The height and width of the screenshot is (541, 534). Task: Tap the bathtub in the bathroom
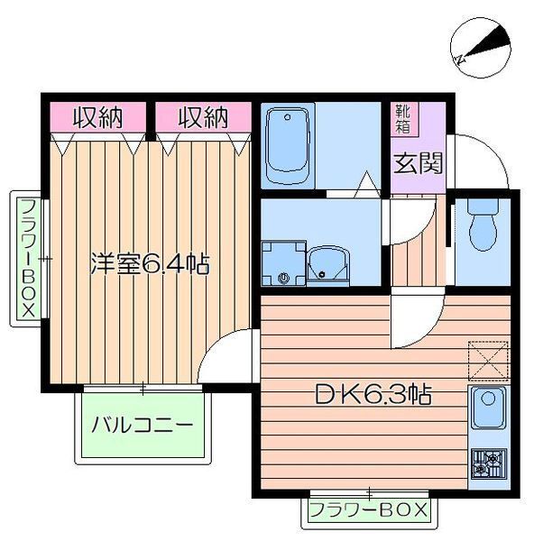point(287,146)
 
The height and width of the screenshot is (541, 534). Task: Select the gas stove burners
point(489,463)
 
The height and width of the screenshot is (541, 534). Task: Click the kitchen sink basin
point(488,408)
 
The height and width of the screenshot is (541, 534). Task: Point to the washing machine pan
point(284,263)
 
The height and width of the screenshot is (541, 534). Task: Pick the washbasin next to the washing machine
point(328,266)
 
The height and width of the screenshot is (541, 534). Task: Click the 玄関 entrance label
point(418,163)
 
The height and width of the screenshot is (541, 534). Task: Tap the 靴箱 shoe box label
point(403,119)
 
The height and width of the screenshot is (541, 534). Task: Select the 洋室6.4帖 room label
point(150,263)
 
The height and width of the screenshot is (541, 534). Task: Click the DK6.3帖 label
point(373,395)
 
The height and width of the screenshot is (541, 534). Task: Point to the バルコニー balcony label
point(142,425)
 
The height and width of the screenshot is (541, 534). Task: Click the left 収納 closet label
point(97,117)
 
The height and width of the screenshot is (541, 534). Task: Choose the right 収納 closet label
point(203,117)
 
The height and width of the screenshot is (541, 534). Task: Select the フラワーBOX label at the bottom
point(369,510)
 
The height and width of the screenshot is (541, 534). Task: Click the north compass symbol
point(480,48)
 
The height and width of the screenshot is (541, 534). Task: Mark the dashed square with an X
point(488,361)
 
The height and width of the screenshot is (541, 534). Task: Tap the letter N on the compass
point(460,60)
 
